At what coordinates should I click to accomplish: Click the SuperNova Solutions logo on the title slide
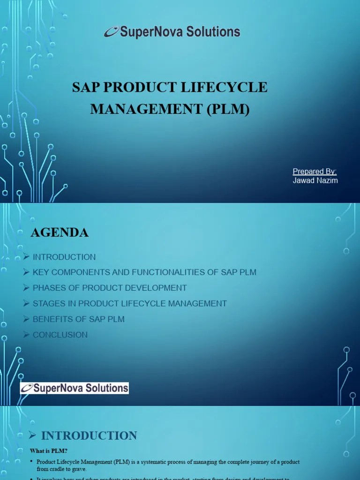coord(172,32)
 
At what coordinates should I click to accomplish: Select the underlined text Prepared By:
coord(315,172)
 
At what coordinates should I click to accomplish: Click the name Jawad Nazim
coord(315,180)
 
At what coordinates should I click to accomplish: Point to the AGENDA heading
coord(60,232)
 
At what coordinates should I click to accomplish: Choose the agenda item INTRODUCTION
coord(64,257)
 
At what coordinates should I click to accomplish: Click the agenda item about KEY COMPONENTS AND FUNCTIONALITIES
coord(144,272)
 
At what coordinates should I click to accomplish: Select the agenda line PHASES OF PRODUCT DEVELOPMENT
coord(109,288)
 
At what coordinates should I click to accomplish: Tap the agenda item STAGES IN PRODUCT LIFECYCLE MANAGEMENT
coord(129,303)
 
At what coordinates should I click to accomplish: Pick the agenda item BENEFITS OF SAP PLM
coord(78,319)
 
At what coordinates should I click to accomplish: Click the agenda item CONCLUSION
coord(60,335)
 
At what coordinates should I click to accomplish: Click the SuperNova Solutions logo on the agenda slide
coord(75,388)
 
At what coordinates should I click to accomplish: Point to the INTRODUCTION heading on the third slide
coord(89,435)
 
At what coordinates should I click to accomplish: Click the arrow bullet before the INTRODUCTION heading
coord(32,435)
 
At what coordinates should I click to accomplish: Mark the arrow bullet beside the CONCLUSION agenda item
coord(26,335)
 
